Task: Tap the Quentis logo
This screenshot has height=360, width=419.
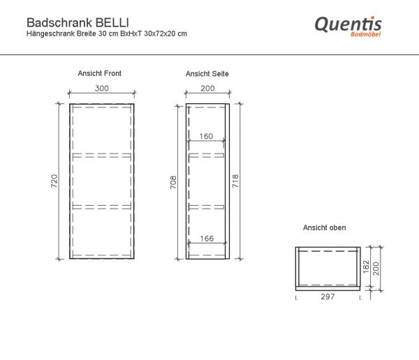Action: pos(347,25)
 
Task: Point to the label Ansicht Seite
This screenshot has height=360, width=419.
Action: pos(207,73)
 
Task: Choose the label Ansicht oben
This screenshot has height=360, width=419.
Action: pos(324,228)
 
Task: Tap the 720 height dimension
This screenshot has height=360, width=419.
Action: pos(54,181)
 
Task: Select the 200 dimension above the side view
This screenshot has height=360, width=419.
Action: pos(207,89)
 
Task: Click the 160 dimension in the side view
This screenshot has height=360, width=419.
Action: pos(206,136)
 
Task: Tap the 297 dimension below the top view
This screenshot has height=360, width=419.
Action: pos(328,297)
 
